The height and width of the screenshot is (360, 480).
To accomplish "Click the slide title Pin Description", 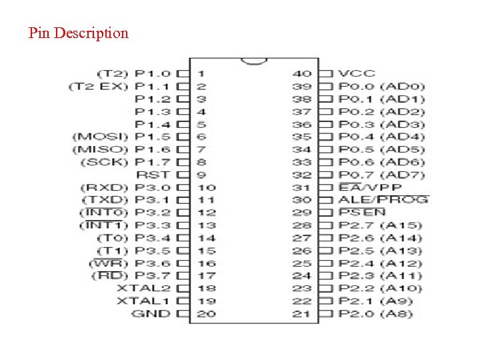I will [x=79, y=33].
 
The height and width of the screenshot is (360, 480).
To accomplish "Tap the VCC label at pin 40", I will [x=356, y=73].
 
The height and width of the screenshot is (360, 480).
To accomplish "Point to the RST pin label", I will [x=153, y=175].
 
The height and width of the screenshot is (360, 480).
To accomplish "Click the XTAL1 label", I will [x=143, y=301].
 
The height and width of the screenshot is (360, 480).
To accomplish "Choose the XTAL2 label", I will [x=143, y=288].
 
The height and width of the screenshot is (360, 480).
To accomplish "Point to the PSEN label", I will [x=361, y=212].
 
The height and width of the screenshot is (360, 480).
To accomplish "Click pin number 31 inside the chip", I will [x=302, y=187].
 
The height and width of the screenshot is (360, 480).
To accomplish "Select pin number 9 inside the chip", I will [x=201, y=175].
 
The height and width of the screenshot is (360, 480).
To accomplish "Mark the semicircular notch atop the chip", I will [x=253, y=61].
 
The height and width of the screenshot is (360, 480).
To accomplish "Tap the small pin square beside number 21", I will [x=325, y=313].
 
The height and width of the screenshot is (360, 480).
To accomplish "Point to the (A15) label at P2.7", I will [x=401, y=225].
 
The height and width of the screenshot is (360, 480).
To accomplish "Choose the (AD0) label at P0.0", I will [x=403, y=86].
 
